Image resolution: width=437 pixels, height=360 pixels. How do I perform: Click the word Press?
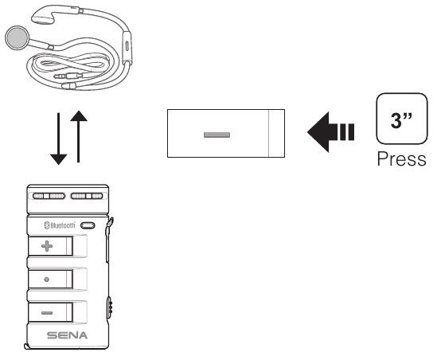tap(401, 159)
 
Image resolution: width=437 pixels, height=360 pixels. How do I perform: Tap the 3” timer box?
tap(402, 119)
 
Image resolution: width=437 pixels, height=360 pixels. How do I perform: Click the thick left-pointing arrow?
tap(330, 132)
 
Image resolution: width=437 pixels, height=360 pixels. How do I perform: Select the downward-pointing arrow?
tap(59, 139)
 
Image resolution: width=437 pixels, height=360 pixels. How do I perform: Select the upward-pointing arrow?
tap(79, 136)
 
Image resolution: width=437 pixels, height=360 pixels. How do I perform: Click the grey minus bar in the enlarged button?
tap(217, 135)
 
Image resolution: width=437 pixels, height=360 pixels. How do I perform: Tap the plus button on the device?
tap(50, 246)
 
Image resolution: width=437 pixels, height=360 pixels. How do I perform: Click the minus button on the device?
tap(50, 312)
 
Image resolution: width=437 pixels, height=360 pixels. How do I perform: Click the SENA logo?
tap(67, 335)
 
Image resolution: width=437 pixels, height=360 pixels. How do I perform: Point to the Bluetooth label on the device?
tap(60, 225)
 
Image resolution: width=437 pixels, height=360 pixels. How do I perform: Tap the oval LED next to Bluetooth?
tap(88, 225)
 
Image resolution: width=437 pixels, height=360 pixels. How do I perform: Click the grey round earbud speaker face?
tap(18, 38)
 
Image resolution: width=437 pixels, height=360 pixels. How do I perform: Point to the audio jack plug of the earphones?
tap(68, 76)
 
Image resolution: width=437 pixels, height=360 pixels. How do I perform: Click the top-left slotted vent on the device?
tap(49, 196)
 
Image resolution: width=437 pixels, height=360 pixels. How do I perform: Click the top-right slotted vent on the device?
tap(87, 196)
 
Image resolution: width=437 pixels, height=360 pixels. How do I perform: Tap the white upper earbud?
tap(42, 18)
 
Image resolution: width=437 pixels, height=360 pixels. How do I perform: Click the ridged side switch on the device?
tap(110, 307)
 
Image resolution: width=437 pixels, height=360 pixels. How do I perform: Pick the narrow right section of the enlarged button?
tap(276, 133)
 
